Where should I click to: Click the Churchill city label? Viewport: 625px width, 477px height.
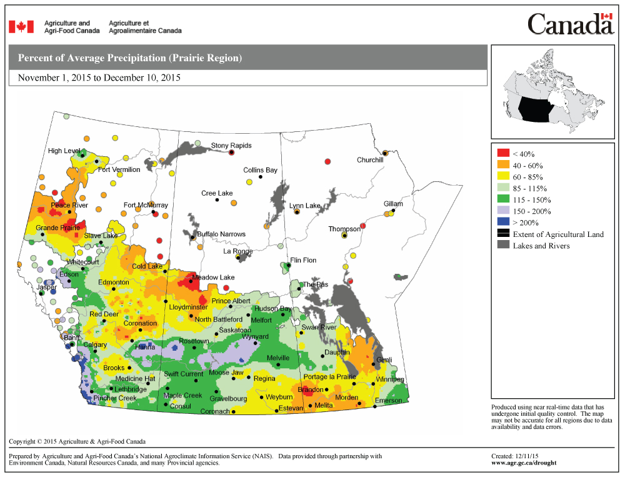pos(370,160)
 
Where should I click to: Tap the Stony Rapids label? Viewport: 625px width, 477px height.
pos(231,146)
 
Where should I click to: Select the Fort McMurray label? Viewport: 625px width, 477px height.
pos(146,205)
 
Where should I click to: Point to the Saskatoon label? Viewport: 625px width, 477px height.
pos(235,329)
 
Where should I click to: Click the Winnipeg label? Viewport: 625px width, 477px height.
pos(390,379)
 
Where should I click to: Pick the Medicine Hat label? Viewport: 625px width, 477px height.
pos(134,379)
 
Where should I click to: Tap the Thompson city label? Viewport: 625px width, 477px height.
pos(344,229)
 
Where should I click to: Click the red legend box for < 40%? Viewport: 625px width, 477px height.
pos(503,153)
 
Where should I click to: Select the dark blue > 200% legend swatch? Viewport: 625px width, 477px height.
pos(503,223)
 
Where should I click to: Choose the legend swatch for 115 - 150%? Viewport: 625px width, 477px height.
pos(503,199)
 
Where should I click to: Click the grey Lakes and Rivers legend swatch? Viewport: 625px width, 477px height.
pos(503,246)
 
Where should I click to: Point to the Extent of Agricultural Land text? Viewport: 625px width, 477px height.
pos(558,234)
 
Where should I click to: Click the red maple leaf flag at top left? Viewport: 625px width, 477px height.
pos(21,27)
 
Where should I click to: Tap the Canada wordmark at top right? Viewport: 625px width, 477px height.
pos(570,24)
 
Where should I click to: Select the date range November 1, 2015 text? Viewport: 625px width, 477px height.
pos(99,78)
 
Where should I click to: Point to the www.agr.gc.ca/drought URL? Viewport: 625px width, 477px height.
pos(524,463)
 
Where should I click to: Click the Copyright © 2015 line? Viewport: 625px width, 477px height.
pos(77,441)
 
